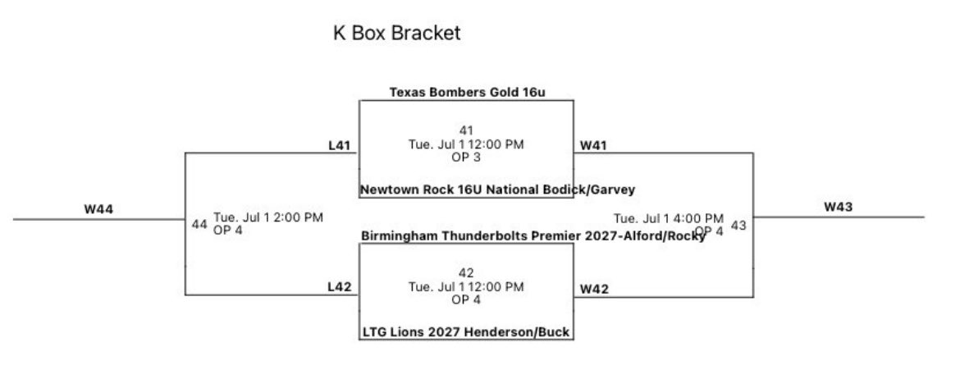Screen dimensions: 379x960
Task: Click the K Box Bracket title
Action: click(396, 34)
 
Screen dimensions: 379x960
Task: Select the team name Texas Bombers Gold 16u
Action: click(467, 93)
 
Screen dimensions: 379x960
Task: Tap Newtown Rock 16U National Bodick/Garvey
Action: click(497, 190)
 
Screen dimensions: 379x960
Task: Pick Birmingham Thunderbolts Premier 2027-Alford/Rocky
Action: click(533, 236)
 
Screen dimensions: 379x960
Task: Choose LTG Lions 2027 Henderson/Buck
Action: click(466, 332)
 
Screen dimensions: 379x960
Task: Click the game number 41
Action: click(466, 130)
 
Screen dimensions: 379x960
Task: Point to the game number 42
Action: click(466, 272)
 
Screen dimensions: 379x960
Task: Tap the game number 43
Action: click(738, 226)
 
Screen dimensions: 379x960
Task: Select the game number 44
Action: click(199, 224)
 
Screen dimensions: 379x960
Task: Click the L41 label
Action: click(339, 146)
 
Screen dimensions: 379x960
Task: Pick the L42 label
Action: click(339, 287)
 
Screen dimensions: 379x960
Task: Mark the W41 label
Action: click(593, 146)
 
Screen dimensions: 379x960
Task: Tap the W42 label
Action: click(593, 289)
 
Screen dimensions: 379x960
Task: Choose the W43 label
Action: click(838, 207)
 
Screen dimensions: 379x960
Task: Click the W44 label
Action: click(98, 209)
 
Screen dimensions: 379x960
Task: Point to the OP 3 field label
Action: click(466, 158)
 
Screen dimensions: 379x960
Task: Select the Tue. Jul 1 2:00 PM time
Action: click(268, 217)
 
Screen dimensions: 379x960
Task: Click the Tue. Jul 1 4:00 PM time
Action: click(669, 218)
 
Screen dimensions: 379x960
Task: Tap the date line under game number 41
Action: click(466, 144)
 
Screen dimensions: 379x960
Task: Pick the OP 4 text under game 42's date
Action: click(466, 299)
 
